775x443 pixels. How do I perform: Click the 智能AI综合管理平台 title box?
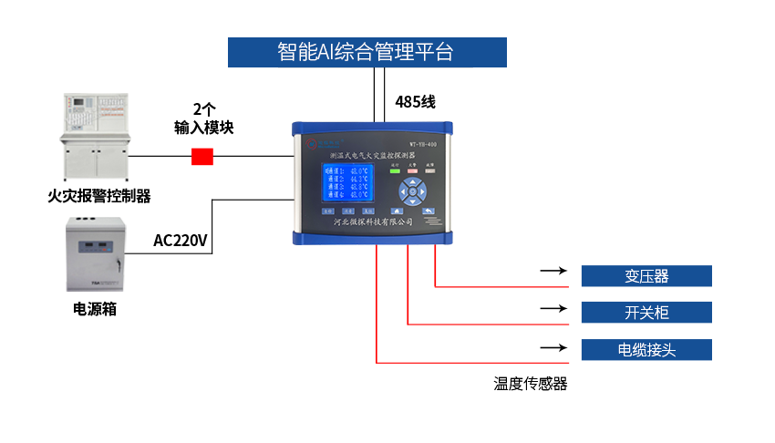point(367,52)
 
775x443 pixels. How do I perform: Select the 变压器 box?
point(646,276)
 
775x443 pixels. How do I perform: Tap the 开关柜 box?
point(646,313)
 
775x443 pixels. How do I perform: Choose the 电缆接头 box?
point(646,350)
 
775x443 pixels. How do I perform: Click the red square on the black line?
point(202,156)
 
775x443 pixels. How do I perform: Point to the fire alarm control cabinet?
point(96,137)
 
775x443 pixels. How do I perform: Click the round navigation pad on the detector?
point(412,192)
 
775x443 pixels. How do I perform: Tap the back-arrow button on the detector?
point(428,211)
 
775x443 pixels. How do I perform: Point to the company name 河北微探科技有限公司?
point(372,222)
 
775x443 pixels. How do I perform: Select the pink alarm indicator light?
point(412,170)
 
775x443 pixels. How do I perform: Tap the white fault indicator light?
point(430,170)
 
